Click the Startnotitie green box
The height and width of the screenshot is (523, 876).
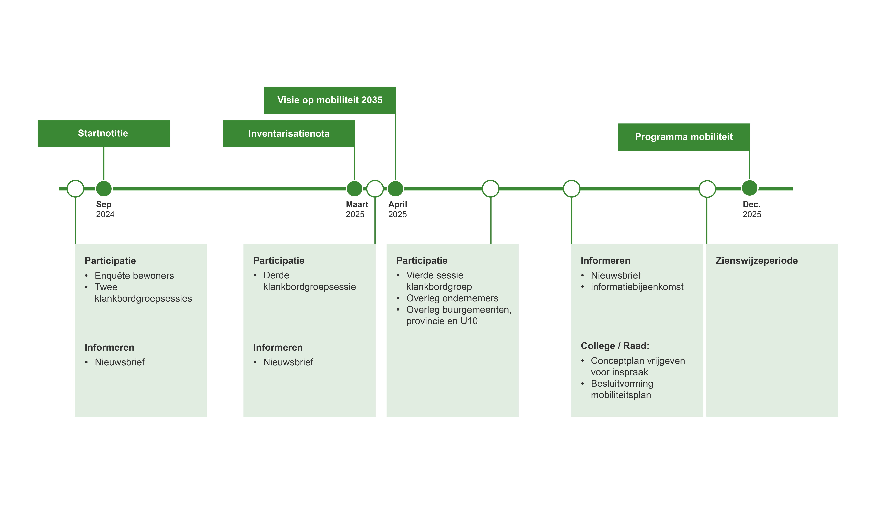pos(104,134)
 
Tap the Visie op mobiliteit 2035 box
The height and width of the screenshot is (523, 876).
pos(330,100)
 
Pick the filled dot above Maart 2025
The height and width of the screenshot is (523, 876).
pos(354,189)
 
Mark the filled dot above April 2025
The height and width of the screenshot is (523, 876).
pos(395,189)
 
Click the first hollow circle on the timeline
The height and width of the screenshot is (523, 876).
pos(75,189)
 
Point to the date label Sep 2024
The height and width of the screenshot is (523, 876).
pos(105,209)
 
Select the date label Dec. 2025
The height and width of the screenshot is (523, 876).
pos(752,209)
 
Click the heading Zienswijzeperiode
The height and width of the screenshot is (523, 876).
pos(757,261)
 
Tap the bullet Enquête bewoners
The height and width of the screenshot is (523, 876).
pos(134,276)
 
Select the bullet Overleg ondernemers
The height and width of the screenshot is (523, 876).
pos(452,298)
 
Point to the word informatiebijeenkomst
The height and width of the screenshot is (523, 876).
pos(637,287)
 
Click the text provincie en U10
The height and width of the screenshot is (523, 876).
pos(442,321)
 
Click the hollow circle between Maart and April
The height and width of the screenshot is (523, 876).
pos(375,189)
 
